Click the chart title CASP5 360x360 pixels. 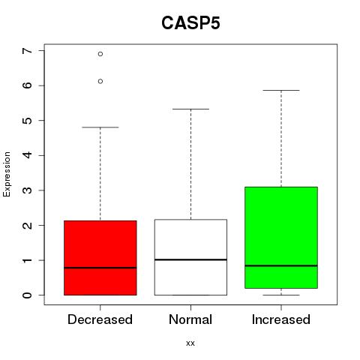pos(190,23)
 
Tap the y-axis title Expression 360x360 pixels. pos(7,175)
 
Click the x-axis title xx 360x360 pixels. pos(190,343)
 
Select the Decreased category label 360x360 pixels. pos(100,319)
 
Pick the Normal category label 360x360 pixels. pos(190,319)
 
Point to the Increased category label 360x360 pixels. pos(281,319)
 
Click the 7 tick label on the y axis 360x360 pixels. pos(27,51)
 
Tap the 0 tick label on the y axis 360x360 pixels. pos(27,295)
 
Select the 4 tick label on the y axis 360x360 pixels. pos(27,155)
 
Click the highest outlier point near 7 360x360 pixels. pos(100,54)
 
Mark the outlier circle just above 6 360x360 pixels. pos(100,81)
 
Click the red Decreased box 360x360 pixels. pos(100,258)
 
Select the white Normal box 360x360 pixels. pos(190,257)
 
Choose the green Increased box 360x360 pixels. pos(281,238)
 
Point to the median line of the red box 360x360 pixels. pos(100,268)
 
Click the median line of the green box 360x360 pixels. pos(281,265)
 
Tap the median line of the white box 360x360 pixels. pos(190,259)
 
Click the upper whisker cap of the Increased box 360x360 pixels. pos(281,90)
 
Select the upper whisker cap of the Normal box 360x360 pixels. pos(190,109)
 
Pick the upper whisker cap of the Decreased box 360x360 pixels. pos(100,127)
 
